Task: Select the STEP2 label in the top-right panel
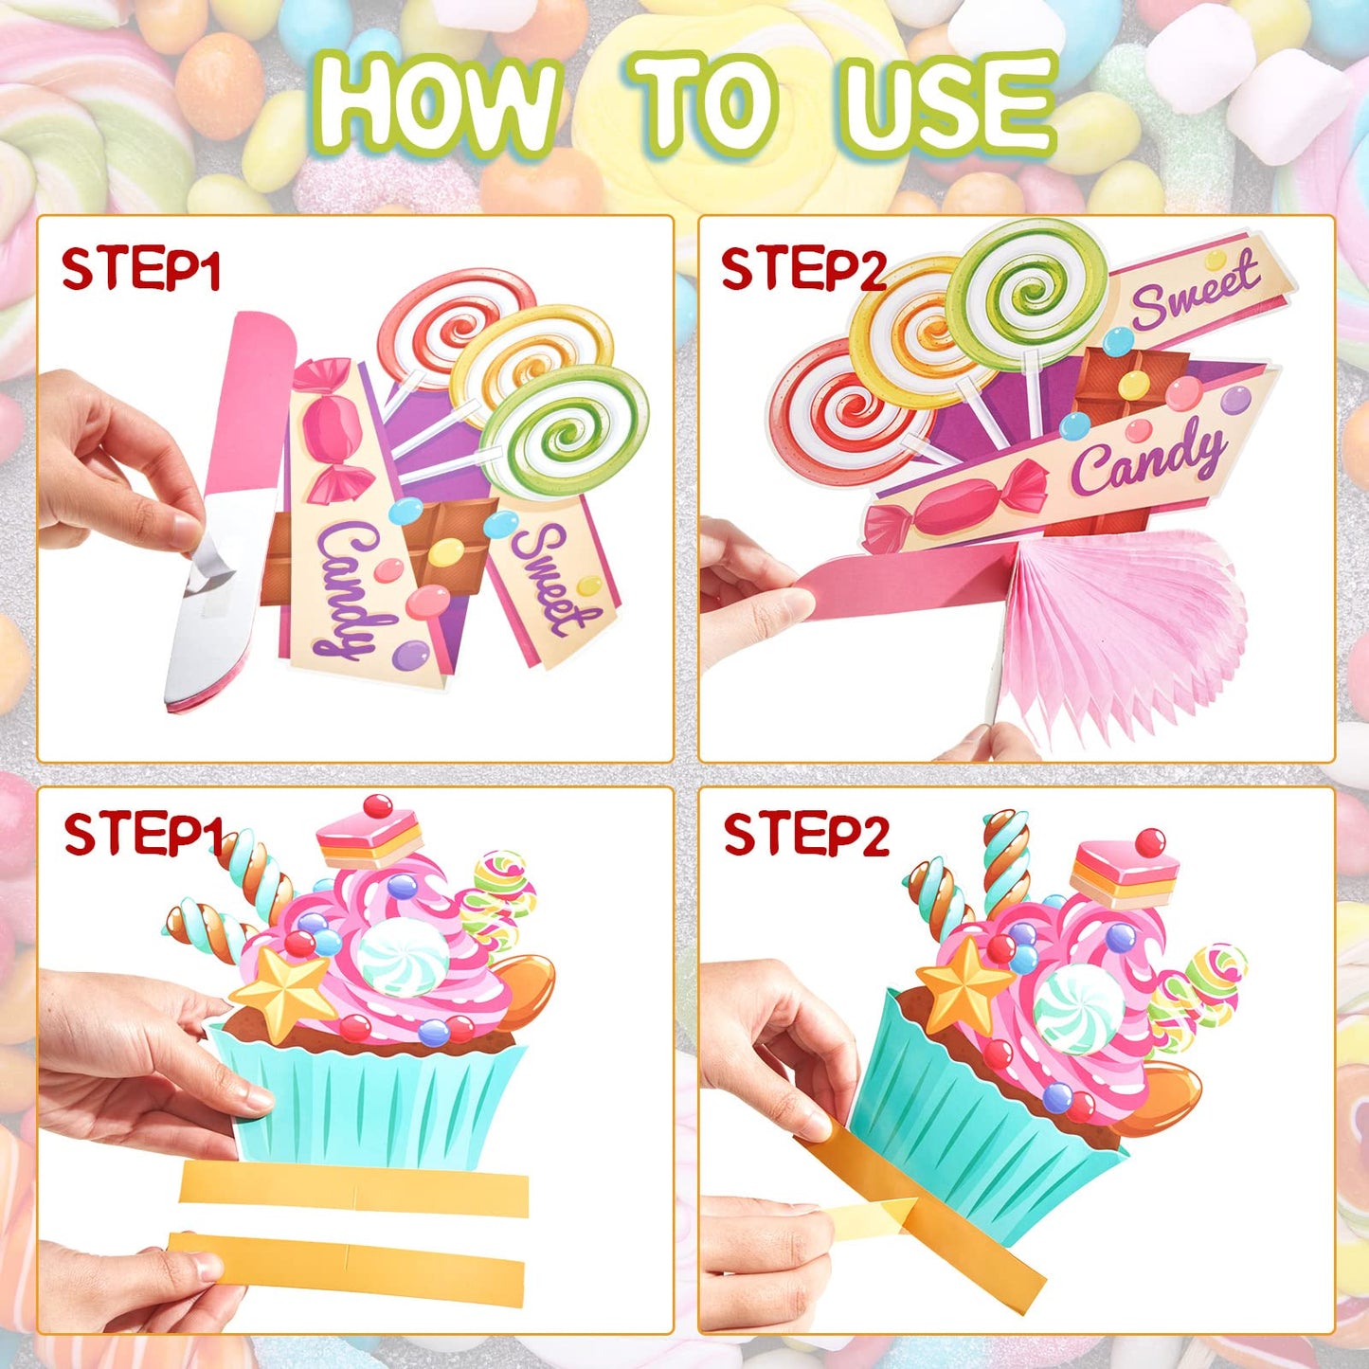tap(802, 269)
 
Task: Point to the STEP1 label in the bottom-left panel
tap(142, 835)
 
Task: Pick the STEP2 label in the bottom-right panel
tap(805, 836)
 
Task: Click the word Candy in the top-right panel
tap(1146, 458)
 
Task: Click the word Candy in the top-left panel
tap(347, 587)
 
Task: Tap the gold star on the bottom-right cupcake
tap(962, 985)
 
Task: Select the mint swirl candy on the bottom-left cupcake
tap(403, 957)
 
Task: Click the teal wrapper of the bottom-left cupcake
tap(369, 1099)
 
